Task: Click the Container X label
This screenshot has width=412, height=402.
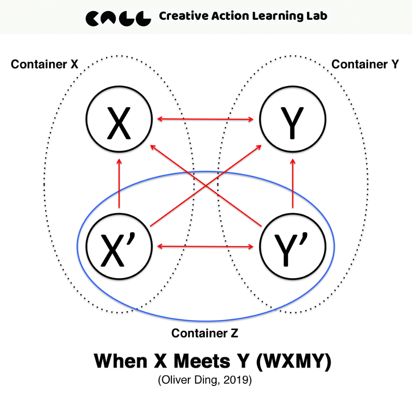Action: pyautogui.click(x=44, y=64)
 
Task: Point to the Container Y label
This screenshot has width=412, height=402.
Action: pyautogui.click(x=365, y=64)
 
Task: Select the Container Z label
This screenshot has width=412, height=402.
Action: pyautogui.click(x=205, y=333)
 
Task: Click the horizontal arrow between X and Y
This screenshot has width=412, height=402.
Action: pyautogui.click(x=206, y=119)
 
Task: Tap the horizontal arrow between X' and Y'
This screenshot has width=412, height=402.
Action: pyautogui.click(x=206, y=246)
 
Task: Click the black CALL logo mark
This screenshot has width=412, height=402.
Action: pyautogui.click(x=118, y=17)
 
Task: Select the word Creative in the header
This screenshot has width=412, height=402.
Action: pyautogui.click(x=181, y=16)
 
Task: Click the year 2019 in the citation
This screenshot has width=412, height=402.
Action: pyautogui.click(x=239, y=380)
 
